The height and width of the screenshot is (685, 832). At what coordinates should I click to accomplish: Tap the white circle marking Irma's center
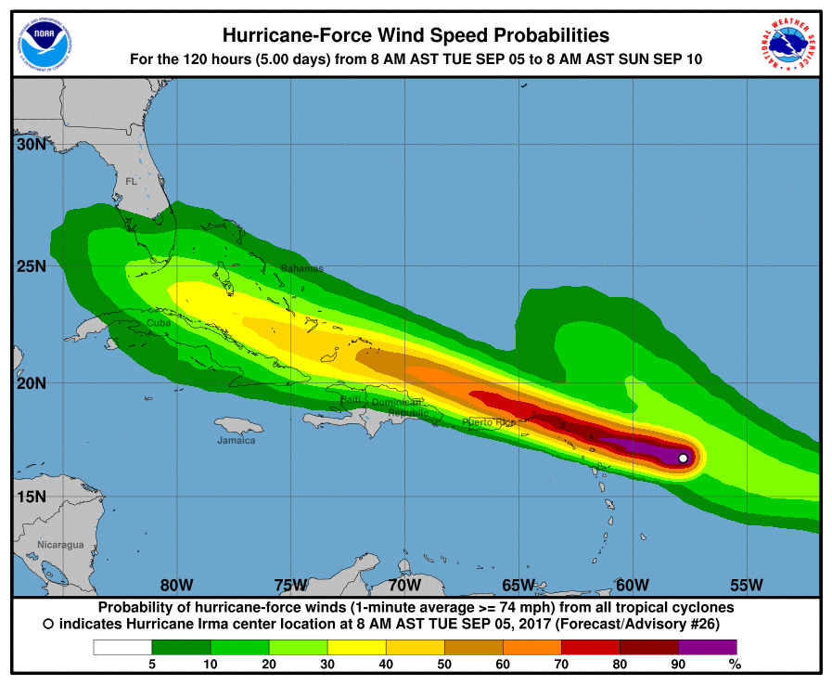click(684, 458)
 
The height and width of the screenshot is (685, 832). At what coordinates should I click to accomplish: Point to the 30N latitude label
click(30, 145)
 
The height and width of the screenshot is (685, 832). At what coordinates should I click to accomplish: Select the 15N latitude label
click(30, 497)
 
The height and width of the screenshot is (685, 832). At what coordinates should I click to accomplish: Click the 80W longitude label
click(176, 585)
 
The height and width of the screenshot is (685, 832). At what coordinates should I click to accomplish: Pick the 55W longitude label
click(746, 585)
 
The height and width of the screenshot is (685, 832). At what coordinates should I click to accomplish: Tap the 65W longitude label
click(518, 585)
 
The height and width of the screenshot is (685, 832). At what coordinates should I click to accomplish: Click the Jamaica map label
click(236, 440)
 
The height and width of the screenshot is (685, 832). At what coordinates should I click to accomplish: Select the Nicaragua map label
click(60, 545)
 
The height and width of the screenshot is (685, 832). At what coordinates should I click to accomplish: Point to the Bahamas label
click(302, 269)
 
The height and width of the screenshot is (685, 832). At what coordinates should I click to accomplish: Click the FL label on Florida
click(131, 181)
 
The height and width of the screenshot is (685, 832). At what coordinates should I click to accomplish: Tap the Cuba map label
click(159, 323)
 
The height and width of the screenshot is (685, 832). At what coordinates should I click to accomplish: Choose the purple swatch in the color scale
click(708, 646)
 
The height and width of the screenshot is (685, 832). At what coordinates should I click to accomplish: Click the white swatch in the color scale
click(122, 646)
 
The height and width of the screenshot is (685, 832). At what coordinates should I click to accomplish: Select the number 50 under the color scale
click(444, 664)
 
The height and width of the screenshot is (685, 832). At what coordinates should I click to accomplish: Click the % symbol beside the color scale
click(736, 664)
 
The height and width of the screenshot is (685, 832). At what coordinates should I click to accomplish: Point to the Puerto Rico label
click(489, 422)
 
